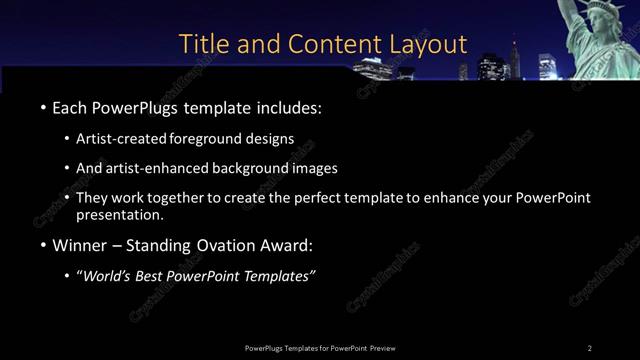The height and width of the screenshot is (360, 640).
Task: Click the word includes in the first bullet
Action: point(288,107)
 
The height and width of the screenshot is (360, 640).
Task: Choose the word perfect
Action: point(331,198)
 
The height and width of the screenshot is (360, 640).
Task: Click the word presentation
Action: point(120,214)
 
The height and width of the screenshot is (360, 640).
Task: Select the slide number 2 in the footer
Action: point(589,347)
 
